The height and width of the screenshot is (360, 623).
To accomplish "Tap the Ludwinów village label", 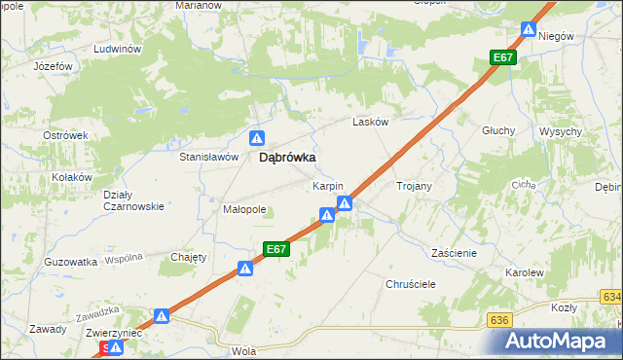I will tap(118, 48).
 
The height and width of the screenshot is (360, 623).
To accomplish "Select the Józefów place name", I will tap(54, 66).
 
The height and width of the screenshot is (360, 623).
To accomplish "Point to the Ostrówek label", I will tap(66, 135).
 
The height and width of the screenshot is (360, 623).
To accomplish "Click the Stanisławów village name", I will tap(209, 156).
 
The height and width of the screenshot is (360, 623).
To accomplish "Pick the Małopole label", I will tap(244, 209).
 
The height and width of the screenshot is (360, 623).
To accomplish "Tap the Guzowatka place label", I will tap(70, 262).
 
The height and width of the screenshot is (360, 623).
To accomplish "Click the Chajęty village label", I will tap(189, 257).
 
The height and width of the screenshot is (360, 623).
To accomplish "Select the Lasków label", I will tap(371, 123).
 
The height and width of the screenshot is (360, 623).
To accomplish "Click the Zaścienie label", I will tap(454, 252).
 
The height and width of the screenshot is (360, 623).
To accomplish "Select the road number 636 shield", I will tap(500, 319).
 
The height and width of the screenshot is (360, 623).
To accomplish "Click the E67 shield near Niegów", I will tap(502, 58).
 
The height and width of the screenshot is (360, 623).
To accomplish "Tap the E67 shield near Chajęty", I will tap(276, 249).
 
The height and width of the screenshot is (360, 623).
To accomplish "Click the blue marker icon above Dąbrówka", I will tap(256, 138).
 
